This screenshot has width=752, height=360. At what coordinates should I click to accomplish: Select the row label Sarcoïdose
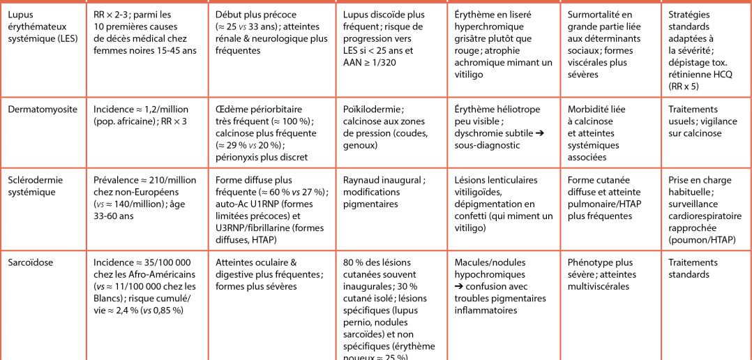(x=30, y=262)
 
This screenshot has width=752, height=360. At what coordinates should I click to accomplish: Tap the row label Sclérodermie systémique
(x=35, y=186)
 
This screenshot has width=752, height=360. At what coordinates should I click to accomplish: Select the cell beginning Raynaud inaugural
(x=383, y=192)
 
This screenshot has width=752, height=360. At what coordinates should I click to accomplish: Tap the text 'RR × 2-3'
(x=112, y=15)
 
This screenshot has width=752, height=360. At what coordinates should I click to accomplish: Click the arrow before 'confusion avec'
(x=459, y=286)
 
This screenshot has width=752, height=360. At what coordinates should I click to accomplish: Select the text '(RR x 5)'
(x=684, y=87)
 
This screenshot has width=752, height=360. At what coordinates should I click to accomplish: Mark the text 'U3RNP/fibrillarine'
(x=260, y=227)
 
